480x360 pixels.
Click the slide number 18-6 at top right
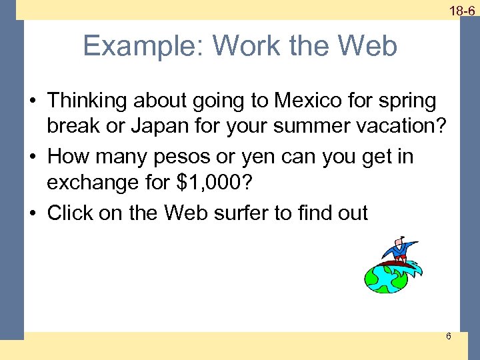pyautogui.click(x=461, y=11)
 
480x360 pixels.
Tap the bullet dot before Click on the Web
pyautogui.click(x=33, y=213)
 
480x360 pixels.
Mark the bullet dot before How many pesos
pyautogui.click(x=33, y=157)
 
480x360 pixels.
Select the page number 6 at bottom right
pyautogui.click(x=448, y=336)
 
